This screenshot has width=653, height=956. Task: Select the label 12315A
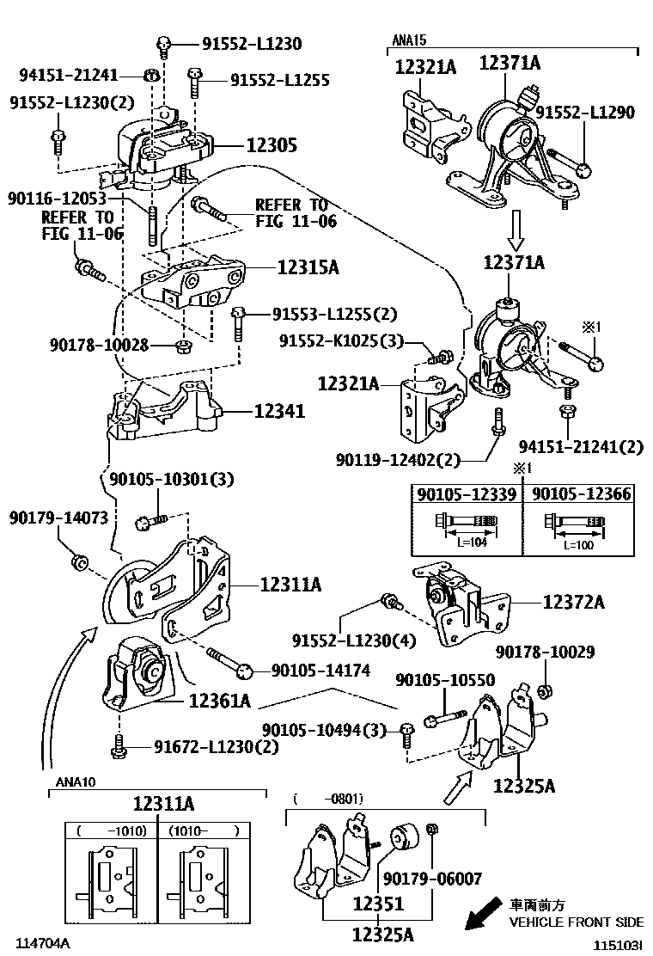(308, 268)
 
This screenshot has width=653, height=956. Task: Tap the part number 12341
(278, 413)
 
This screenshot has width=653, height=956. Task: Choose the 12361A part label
(219, 702)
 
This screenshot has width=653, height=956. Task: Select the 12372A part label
(573, 603)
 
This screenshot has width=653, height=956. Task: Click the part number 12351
(377, 904)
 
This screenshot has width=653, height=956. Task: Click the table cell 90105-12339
(467, 494)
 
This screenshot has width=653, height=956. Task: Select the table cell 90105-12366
(581, 494)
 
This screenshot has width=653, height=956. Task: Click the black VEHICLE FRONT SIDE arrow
(483, 914)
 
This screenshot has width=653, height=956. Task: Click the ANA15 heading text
(410, 40)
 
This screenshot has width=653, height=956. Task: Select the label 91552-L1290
(584, 112)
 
